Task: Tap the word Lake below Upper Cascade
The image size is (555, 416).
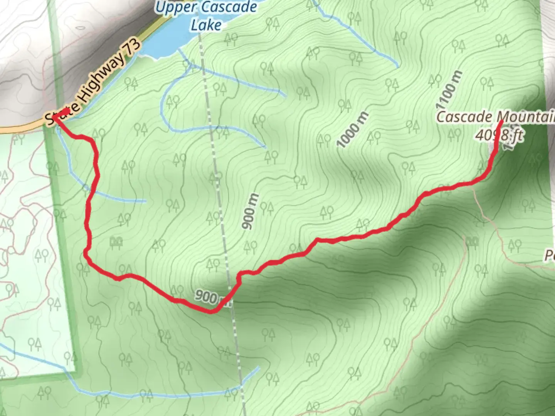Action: (207, 25)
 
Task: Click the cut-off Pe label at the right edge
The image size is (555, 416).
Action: (550, 255)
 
